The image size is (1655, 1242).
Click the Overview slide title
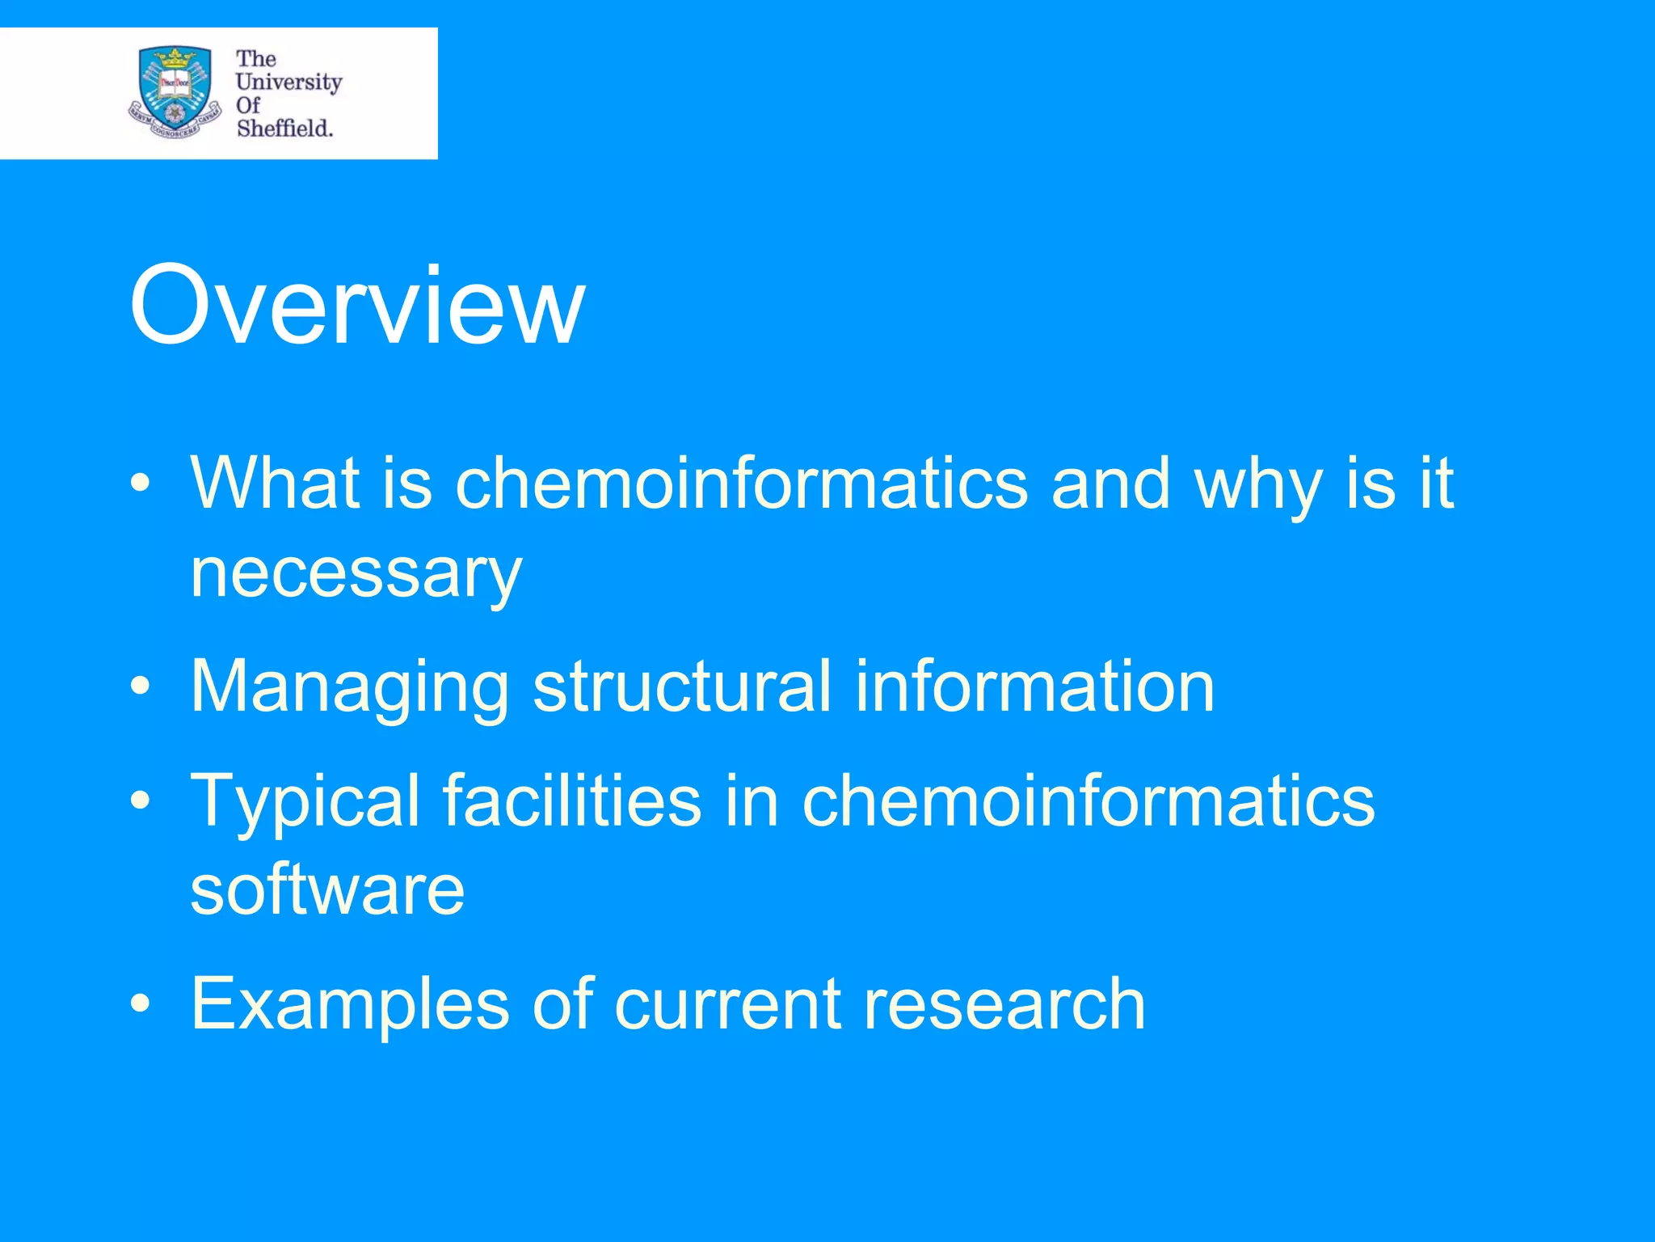click(356, 306)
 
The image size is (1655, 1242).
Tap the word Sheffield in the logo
click(284, 128)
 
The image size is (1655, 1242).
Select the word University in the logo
click(288, 82)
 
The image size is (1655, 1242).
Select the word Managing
click(349, 687)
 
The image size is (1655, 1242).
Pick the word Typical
click(305, 802)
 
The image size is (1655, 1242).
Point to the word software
click(327, 889)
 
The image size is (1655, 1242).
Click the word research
click(1004, 1004)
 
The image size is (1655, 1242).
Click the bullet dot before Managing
click(141, 686)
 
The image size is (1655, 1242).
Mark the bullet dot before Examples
click(141, 1003)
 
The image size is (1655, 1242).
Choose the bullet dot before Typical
click(141, 801)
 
